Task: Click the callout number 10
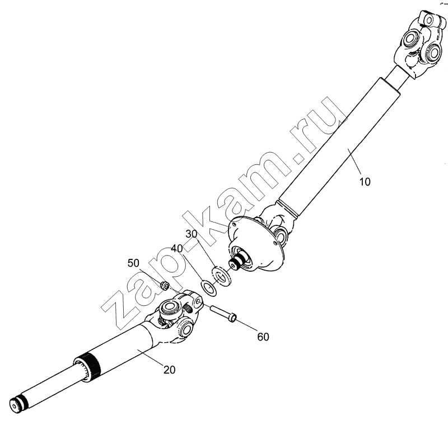[x=365, y=181]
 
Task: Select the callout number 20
[x=170, y=370]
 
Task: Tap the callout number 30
[x=192, y=234]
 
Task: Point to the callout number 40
[x=176, y=248]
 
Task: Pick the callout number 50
[x=133, y=263]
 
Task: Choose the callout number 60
[x=263, y=337]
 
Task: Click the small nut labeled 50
[x=164, y=285]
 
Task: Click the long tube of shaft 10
[x=339, y=147]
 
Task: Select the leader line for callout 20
[x=151, y=357]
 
